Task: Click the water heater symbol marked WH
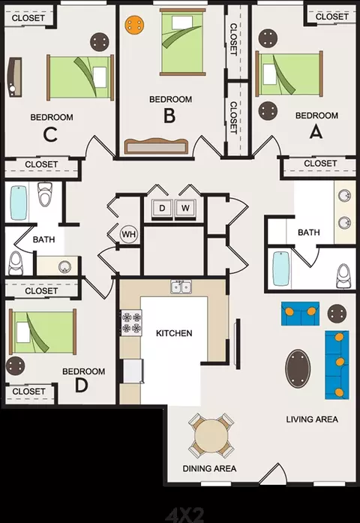129,234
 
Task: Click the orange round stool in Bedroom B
135,25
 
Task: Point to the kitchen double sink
181,287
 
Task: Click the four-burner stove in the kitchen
131,323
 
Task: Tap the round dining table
211,436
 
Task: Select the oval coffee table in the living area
298,368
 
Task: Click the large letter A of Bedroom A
316,132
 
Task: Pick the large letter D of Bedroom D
81,385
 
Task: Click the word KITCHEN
174,333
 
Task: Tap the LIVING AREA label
312,419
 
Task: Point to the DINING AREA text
210,469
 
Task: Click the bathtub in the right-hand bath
281,269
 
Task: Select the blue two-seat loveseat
300,314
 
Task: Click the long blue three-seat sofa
337,365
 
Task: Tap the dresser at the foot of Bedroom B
156,146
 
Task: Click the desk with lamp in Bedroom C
14,77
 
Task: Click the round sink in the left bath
64,267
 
